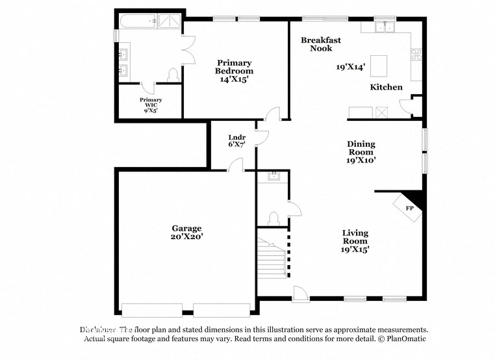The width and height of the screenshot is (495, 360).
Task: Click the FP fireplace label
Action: [x=410, y=208]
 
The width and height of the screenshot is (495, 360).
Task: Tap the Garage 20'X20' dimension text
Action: [x=187, y=237]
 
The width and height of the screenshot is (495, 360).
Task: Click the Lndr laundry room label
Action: [x=236, y=137]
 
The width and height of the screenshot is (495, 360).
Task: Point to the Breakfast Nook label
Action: [x=320, y=44]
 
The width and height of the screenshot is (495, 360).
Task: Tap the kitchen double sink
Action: [x=387, y=27]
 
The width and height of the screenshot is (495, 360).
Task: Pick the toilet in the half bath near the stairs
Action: [x=273, y=217]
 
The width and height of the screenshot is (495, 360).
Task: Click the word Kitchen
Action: [x=386, y=87]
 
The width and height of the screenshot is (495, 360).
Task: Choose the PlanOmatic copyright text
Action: [x=401, y=339]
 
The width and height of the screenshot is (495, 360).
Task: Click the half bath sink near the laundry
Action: [x=273, y=175]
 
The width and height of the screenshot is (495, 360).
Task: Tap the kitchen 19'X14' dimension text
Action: [x=350, y=66]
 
